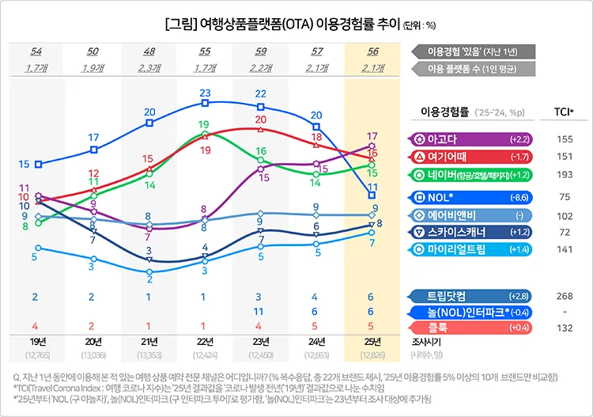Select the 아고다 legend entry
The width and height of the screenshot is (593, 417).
point(471,139)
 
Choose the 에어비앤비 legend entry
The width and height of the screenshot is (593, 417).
point(471,214)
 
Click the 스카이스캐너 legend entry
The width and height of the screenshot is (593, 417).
point(471,232)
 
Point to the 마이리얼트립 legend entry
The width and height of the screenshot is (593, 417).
point(471,250)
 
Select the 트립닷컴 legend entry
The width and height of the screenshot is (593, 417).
point(471,296)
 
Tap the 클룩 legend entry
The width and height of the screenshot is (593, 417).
point(471,327)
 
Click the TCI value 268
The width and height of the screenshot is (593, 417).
point(565,296)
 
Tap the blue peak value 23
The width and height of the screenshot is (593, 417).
point(205,93)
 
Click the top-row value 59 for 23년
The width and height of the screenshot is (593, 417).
point(261,51)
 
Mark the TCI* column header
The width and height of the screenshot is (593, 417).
point(565,110)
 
